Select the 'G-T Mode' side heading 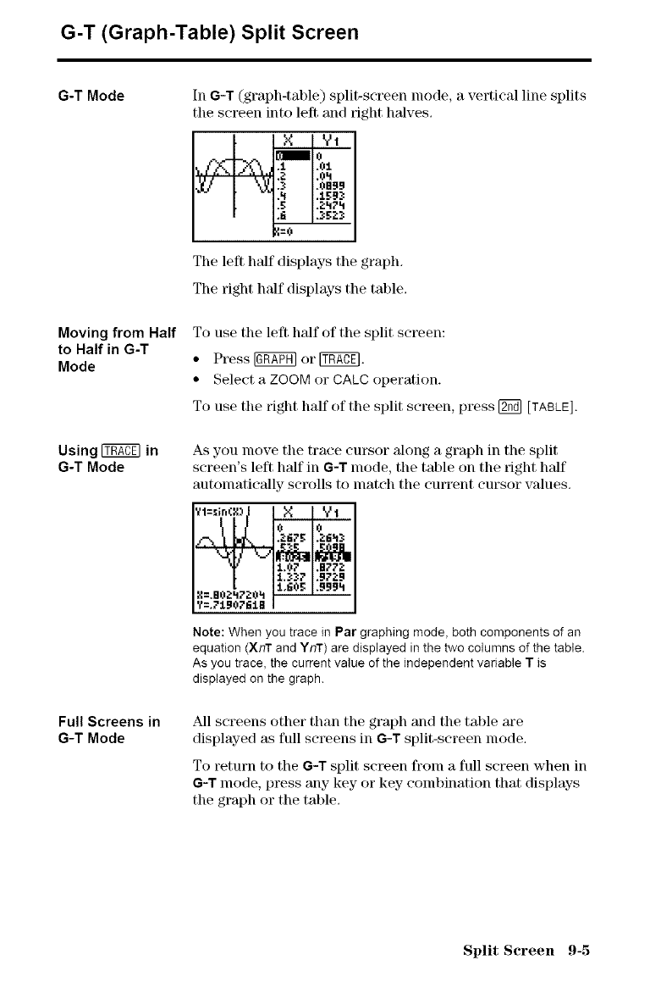tap(92, 96)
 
